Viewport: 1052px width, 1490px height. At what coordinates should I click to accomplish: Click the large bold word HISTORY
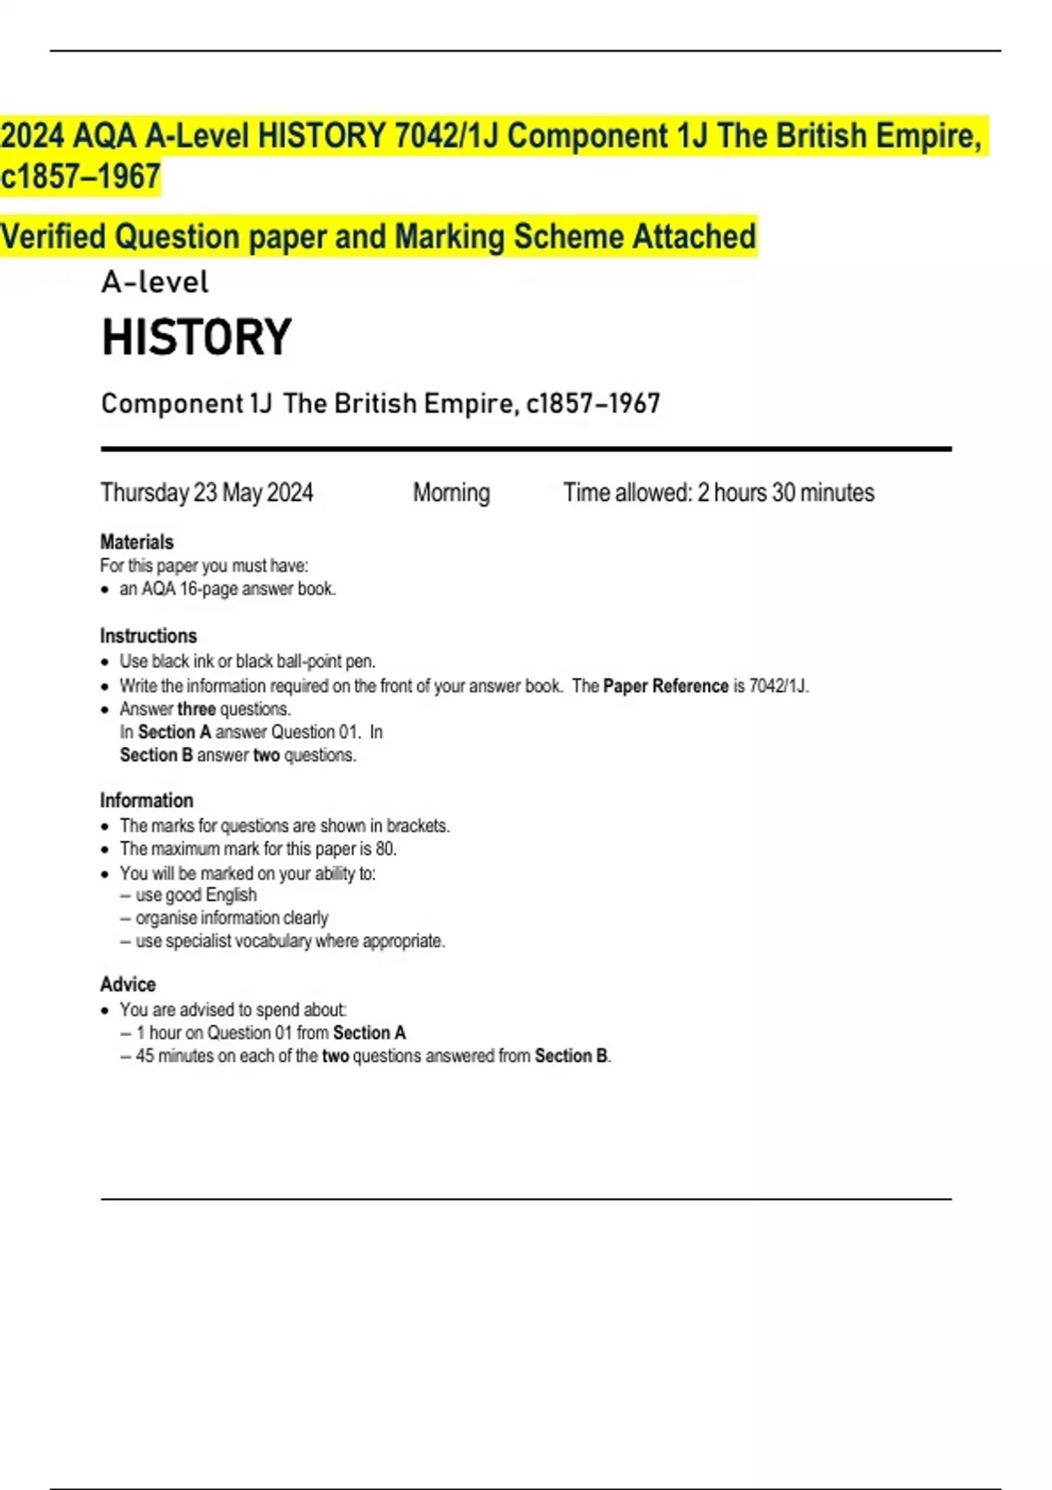[196, 337]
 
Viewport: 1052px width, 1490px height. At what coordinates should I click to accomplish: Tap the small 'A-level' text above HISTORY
[155, 282]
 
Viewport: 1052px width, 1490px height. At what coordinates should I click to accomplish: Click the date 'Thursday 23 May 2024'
[207, 493]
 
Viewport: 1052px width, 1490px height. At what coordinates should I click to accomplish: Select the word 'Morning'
[451, 493]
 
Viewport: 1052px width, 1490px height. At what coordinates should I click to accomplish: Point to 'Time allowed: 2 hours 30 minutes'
[718, 493]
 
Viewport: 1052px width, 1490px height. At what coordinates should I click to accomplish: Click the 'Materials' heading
[137, 542]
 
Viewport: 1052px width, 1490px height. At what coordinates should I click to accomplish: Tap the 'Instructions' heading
[148, 635]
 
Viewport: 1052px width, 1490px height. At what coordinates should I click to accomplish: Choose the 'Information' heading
[146, 800]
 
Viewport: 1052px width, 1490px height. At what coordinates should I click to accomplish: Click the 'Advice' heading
[128, 984]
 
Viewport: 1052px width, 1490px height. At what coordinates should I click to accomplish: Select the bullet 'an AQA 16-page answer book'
[227, 589]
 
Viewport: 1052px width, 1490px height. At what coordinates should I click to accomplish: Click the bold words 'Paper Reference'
[665, 686]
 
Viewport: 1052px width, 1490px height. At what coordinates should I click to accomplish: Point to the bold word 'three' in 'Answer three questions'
[196, 709]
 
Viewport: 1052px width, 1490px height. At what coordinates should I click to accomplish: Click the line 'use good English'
[195, 895]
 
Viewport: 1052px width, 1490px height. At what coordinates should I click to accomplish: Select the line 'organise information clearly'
[231, 918]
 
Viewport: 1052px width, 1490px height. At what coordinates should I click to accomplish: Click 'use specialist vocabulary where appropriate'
[289, 941]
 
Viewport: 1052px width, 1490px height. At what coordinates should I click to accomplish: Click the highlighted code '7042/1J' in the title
[446, 136]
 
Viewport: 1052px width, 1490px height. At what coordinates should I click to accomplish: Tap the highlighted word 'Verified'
[53, 237]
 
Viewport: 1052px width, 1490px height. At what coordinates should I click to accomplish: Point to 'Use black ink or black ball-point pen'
[247, 661]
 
